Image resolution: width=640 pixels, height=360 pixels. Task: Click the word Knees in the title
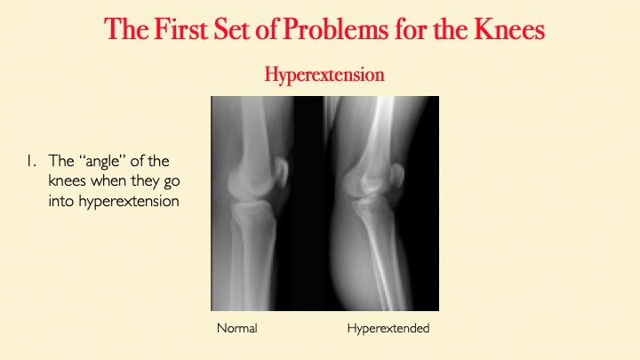pos(509,29)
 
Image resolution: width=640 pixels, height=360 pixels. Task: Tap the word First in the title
pos(180,29)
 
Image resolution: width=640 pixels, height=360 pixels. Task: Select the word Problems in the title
pos(335,29)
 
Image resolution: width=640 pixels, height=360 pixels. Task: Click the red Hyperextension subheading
pos(324,75)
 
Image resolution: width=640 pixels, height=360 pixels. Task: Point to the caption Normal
pos(237,328)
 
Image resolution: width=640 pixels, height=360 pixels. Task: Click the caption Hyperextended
pos(388,329)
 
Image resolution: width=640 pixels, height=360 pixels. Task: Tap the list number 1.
pos(32,161)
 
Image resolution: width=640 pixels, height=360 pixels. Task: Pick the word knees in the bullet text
pos(67,180)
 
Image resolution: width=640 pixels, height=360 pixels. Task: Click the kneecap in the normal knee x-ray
pos(281,172)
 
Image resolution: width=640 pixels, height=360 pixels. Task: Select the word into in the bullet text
pos(61,201)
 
